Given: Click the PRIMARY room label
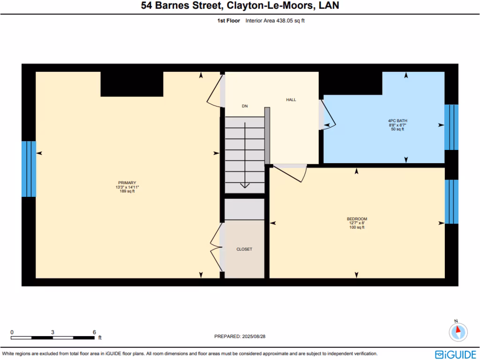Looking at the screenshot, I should [x=127, y=183].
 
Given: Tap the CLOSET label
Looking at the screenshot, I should [x=244, y=249].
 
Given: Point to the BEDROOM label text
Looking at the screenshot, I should [x=357, y=219].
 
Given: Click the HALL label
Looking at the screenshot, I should [x=291, y=99].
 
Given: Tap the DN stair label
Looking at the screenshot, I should [x=245, y=106].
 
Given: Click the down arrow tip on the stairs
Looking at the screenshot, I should [x=245, y=187].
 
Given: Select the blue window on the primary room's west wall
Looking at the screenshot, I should [x=29, y=169].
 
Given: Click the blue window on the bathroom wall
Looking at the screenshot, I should [x=451, y=127].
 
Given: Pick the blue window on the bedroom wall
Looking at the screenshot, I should [x=451, y=202].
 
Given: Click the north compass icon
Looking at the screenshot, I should [x=458, y=332].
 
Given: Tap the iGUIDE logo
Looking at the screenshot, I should [x=455, y=354].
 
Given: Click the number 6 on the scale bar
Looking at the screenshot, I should [x=94, y=332].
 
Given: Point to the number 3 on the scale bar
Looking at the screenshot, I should [x=52, y=332].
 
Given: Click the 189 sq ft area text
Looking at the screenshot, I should [x=127, y=191].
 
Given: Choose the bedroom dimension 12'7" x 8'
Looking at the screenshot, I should [x=357, y=223].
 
